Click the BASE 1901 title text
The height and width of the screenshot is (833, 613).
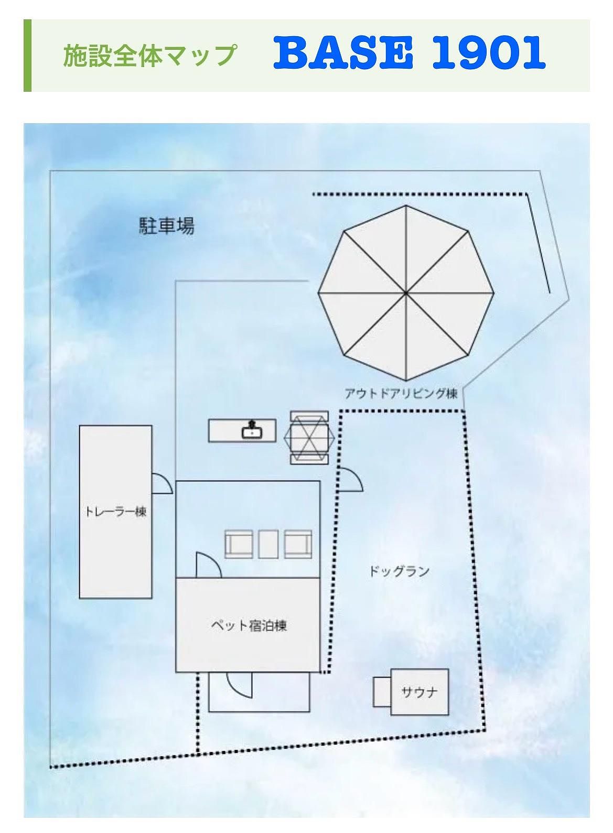point(409,53)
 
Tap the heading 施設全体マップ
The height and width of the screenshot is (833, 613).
point(149,55)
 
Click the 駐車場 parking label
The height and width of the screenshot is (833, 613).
point(166,226)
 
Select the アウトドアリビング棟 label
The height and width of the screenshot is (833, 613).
point(401,393)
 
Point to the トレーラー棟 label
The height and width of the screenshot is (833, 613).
point(115,512)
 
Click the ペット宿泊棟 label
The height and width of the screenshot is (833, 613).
point(249,625)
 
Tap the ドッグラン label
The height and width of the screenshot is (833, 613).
point(399,571)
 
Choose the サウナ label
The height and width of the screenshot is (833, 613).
point(419,692)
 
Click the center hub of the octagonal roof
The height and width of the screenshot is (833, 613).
point(406,292)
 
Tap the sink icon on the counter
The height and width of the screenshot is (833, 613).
point(251,431)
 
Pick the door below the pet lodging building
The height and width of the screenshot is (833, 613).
point(239,684)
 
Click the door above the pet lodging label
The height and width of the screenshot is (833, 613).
point(208,566)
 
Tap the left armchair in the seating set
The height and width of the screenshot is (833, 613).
point(240,544)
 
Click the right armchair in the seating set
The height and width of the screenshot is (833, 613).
point(298,544)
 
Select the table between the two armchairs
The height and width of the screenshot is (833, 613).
point(268,544)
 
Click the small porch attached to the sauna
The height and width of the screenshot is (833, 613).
point(382,692)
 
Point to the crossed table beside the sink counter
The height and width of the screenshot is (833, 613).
point(309,437)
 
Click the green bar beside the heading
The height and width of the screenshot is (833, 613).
point(28,55)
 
